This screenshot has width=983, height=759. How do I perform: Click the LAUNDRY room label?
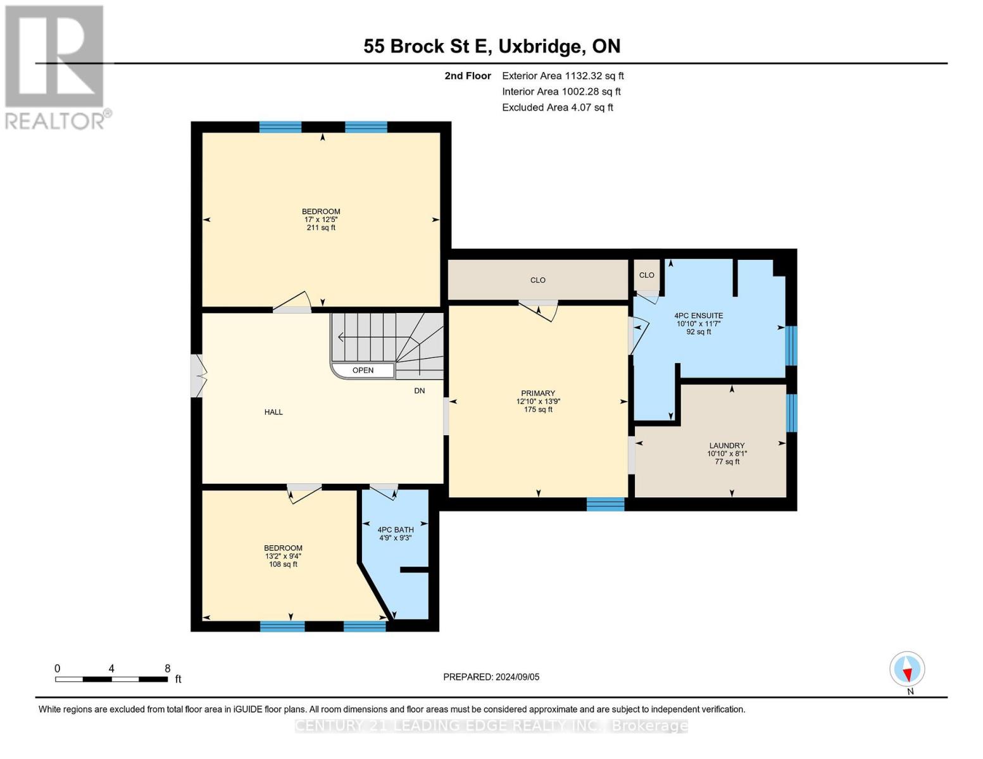(x=727, y=445)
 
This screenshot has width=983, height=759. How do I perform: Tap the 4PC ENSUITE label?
(x=698, y=316)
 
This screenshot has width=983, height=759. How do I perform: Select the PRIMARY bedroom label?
(x=537, y=393)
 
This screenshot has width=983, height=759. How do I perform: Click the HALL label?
(x=273, y=412)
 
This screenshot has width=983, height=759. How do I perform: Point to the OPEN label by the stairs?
(x=363, y=371)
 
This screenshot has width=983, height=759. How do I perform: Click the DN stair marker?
(x=419, y=391)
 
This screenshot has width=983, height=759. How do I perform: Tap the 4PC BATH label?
(x=396, y=530)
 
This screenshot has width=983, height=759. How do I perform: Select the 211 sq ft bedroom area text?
(x=321, y=228)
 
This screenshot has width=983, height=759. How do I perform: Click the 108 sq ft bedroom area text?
(x=283, y=564)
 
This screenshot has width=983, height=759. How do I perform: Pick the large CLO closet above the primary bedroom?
(x=537, y=280)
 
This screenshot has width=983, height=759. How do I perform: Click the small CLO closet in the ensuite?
(x=646, y=275)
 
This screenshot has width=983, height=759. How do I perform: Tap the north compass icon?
(x=907, y=669)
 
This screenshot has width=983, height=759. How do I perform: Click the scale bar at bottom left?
(x=111, y=679)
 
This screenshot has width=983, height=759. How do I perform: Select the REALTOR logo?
(x=55, y=66)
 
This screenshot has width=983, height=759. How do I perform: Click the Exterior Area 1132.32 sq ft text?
(x=563, y=76)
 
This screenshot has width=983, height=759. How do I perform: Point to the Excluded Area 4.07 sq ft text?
(x=557, y=108)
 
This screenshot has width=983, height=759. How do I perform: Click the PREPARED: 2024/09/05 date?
(x=491, y=677)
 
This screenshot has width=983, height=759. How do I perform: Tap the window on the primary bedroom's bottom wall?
(x=605, y=504)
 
